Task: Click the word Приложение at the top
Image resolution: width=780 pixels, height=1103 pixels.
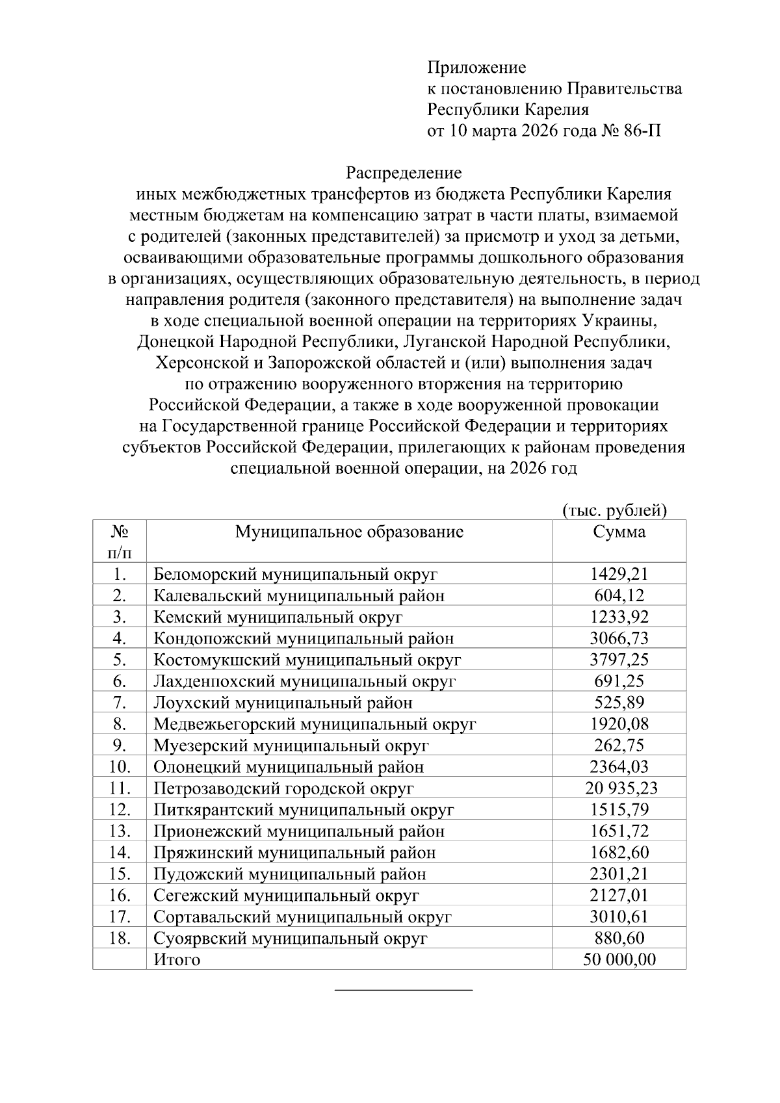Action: point(476,68)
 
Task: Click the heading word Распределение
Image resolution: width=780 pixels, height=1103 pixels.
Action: point(403,173)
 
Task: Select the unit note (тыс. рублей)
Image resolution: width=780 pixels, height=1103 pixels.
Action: point(614,510)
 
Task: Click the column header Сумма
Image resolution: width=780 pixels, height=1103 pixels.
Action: point(619,532)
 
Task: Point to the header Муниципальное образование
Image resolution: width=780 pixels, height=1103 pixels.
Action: point(349,532)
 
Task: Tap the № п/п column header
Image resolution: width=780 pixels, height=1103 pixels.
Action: point(119,541)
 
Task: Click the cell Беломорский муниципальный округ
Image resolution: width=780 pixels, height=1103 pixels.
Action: point(295,575)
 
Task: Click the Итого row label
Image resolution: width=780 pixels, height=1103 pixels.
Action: point(177,959)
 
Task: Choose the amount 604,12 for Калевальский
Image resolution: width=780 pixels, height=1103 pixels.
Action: point(619,596)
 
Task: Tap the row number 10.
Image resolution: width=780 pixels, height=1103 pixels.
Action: point(120,767)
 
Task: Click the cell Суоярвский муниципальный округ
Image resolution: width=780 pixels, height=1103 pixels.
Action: point(290,939)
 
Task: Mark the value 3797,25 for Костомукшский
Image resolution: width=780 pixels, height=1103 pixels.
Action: point(619,660)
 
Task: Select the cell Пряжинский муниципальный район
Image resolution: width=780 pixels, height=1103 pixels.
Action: point(294,853)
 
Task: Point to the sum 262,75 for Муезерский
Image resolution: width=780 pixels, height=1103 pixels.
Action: point(619,746)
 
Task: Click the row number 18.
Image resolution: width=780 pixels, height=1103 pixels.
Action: point(120,939)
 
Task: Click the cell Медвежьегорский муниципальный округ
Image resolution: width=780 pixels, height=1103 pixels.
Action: point(315,724)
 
